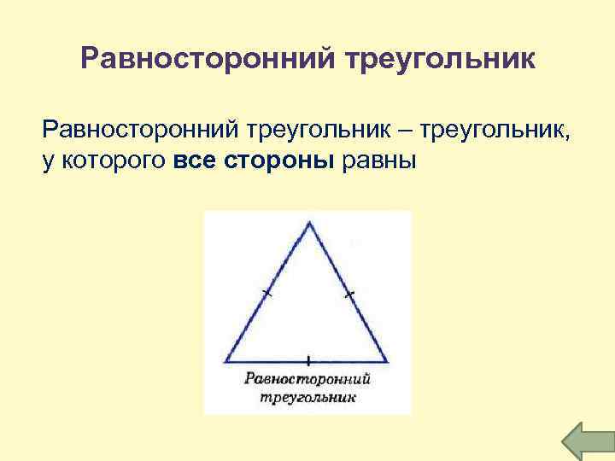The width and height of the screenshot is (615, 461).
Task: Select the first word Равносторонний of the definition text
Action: point(140,131)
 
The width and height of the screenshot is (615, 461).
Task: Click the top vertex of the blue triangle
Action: point(309,223)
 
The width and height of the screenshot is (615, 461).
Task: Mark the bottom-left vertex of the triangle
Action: point(225,361)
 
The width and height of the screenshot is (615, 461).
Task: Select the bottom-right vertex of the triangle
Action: point(391,361)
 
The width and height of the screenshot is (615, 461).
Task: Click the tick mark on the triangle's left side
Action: point(267,294)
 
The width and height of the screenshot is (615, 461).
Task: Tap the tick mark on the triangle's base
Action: point(307,361)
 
